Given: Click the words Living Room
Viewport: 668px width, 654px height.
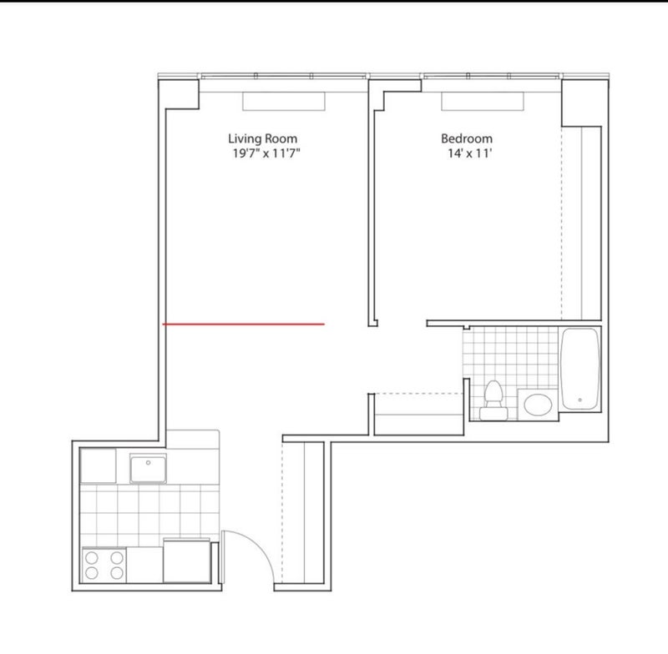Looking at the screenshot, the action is (262, 139).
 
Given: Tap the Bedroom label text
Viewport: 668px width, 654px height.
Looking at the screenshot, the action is (467, 138).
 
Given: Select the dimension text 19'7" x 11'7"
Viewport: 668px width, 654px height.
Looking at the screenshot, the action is (266, 153).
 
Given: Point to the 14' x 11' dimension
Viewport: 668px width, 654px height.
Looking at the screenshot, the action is (469, 153).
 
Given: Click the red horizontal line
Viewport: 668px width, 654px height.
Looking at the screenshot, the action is (244, 324).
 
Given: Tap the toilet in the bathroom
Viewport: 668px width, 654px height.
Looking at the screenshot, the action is (493, 400).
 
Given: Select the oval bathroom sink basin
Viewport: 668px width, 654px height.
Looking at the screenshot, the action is (538, 405).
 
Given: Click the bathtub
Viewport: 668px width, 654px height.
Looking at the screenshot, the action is (579, 369).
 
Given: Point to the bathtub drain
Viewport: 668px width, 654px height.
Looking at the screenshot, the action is (579, 400).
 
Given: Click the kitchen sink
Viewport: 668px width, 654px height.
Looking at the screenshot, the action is (148, 469).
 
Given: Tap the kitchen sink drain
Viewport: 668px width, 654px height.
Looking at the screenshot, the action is (149, 462).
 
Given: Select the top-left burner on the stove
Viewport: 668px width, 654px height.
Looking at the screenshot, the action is (92, 557).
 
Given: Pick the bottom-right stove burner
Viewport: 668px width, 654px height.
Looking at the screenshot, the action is (117, 573).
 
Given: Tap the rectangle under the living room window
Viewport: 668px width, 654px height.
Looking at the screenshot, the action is (284, 101).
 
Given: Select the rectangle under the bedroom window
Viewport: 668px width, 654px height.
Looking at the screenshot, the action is (483, 101).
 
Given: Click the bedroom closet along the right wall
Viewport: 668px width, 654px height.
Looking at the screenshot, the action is (581, 223).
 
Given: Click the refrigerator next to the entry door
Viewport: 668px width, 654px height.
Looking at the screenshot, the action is (186, 561).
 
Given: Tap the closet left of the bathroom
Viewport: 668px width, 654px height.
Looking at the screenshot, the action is (418, 414).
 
